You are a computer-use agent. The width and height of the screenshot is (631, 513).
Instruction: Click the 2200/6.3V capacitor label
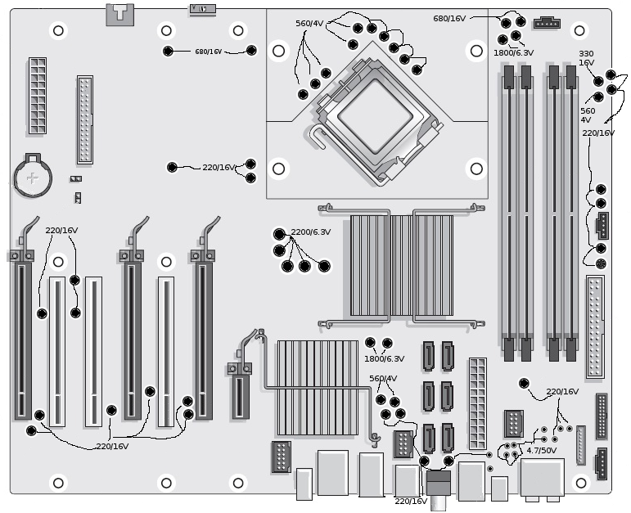[x=311, y=232]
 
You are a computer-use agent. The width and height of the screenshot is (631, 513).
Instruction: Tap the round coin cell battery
[x=33, y=178]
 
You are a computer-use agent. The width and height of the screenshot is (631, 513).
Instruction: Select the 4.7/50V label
[x=542, y=450]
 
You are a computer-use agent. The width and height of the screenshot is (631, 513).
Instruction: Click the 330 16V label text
[x=586, y=58]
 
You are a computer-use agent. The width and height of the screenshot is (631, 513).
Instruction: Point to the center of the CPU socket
[x=376, y=117]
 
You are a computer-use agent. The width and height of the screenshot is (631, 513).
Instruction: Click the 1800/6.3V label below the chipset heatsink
[x=385, y=359]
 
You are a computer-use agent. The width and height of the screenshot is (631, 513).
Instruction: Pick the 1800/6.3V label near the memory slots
[x=514, y=52]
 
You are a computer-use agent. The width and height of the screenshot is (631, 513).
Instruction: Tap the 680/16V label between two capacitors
[x=209, y=52]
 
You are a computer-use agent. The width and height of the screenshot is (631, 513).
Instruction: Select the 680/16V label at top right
[x=449, y=19]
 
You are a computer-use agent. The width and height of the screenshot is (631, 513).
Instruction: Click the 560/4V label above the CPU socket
[x=309, y=24]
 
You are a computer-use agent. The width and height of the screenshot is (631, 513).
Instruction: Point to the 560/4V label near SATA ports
[x=383, y=379]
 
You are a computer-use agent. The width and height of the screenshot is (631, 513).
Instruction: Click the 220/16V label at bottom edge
[x=411, y=502]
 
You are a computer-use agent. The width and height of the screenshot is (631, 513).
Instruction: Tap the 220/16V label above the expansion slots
[x=61, y=231]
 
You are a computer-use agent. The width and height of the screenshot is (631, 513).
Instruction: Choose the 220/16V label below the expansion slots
[x=112, y=447]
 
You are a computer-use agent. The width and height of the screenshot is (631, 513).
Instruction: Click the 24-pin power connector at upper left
[x=38, y=96]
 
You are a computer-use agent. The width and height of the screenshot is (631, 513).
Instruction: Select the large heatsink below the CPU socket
[x=402, y=266]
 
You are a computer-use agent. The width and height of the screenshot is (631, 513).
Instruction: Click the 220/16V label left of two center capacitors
[x=219, y=168]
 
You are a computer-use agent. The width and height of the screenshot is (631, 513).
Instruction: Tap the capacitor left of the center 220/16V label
[x=172, y=167]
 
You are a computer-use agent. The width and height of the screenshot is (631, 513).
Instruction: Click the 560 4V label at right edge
[x=588, y=115]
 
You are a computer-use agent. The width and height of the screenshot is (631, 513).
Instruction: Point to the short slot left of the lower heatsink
[x=241, y=397]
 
